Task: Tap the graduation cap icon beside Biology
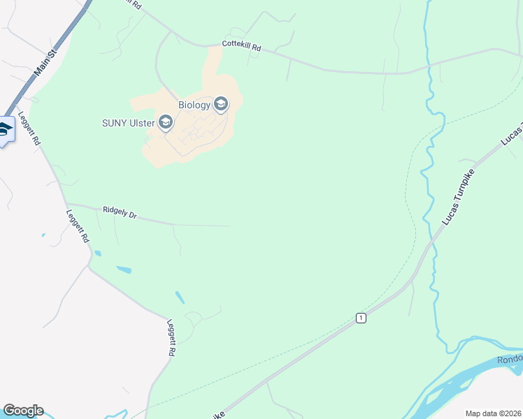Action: tap(221, 105)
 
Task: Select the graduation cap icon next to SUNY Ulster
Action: tap(166, 124)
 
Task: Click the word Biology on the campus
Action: tap(194, 105)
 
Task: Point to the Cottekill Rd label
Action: tap(241, 46)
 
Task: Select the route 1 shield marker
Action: tap(360, 318)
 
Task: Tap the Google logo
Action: tap(23, 411)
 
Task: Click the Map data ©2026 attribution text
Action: tap(493, 413)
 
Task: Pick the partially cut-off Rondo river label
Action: tap(510, 360)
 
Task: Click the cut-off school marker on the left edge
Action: tap(6, 130)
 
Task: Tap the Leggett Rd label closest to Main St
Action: tap(30, 128)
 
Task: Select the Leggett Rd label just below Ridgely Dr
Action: tap(77, 226)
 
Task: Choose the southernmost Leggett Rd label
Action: tap(170, 338)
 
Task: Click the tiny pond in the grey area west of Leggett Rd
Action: tap(43, 235)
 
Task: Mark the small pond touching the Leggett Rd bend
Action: tap(97, 253)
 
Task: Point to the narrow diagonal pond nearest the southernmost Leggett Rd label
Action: tap(180, 297)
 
